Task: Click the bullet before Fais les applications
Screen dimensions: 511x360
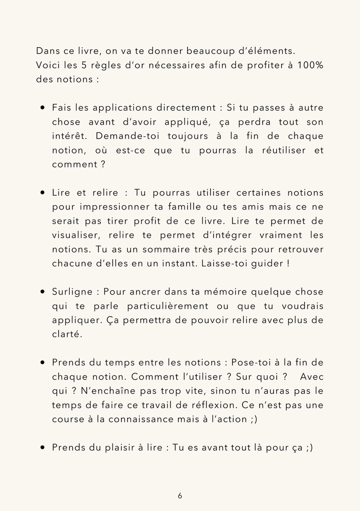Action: pyautogui.click(x=42, y=108)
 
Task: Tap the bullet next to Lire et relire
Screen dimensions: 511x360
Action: pyautogui.click(x=42, y=193)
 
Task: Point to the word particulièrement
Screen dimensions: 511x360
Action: pyautogui.click(x=161, y=306)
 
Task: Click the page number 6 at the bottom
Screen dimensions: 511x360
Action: pyautogui.click(x=180, y=496)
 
